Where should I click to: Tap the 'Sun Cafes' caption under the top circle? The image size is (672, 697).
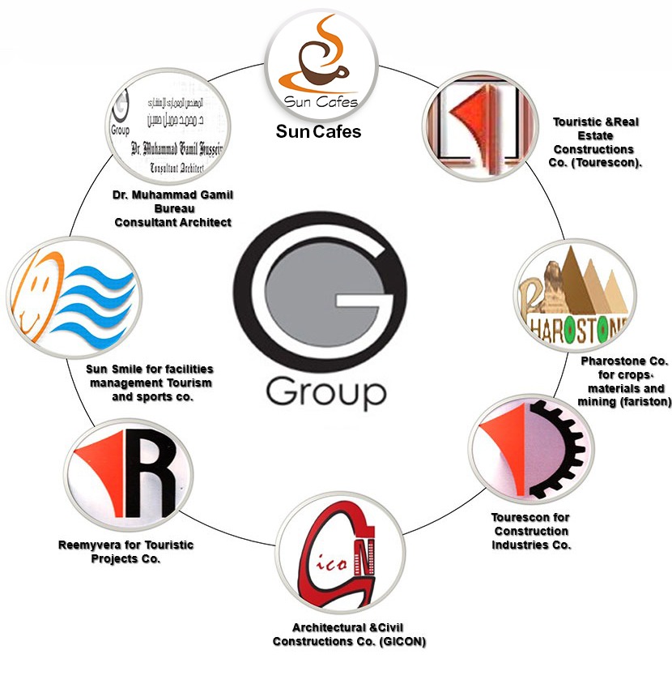(318, 131)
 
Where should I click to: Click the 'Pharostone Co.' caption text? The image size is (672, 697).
(620, 360)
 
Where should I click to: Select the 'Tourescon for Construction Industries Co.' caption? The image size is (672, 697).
(531, 531)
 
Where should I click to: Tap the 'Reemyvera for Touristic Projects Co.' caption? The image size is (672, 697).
(126, 551)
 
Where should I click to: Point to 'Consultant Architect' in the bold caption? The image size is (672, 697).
(172, 221)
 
